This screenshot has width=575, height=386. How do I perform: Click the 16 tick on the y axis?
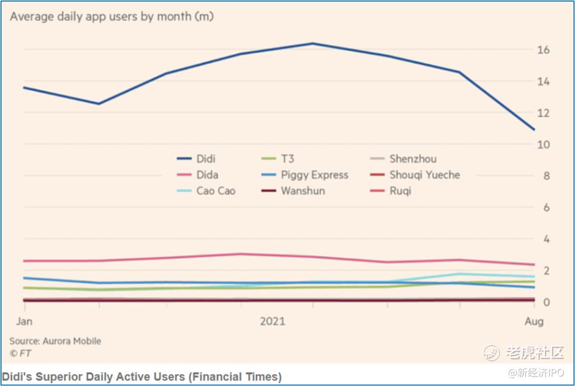tap(543, 50)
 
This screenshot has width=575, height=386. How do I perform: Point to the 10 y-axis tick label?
tap(543, 144)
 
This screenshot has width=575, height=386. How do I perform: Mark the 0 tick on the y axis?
tap(546, 302)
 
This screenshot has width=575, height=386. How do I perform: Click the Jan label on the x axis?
tap(24, 321)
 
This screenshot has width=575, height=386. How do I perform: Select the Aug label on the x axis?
tap(534, 321)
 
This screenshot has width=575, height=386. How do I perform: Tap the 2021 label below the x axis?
tap(272, 321)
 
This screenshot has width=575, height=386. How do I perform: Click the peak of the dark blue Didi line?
tap(313, 44)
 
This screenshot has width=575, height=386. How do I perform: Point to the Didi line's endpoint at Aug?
tap(534, 129)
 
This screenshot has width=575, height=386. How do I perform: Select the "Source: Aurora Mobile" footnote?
tap(55, 341)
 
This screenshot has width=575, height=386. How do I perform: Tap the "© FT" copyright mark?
tap(20, 352)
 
